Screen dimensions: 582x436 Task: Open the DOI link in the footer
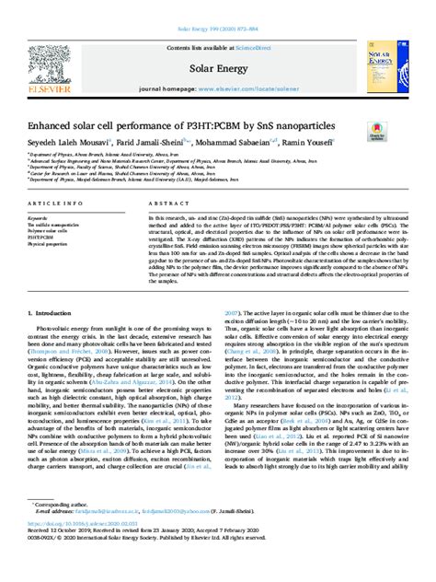tap(83, 546)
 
